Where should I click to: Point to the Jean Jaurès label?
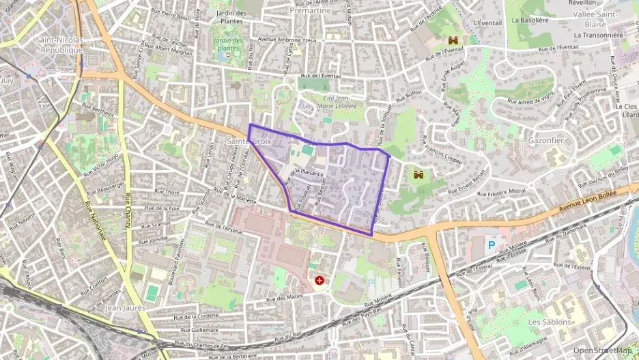(x=126, y=308)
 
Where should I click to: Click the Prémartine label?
(x=310, y=11)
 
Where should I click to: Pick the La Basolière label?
(x=550, y=20)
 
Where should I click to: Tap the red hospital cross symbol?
(x=319, y=280)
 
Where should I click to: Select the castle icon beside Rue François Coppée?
(x=418, y=176)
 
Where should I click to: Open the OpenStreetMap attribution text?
(x=602, y=350)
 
